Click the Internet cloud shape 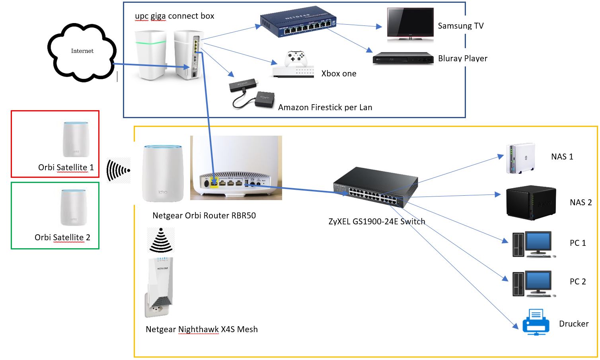(x=82, y=52)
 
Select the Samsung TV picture (x=410, y=24)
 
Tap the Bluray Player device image (x=403, y=58)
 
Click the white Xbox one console (x=293, y=65)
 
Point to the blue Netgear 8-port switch (x=298, y=22)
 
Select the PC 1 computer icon (x=533, y=244)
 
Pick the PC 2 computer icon (x=533, y=283)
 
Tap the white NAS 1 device (x=520, y=158)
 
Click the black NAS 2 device (x=530, y=203)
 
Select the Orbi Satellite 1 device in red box (x=76, y=139)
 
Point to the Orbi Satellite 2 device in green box (x=73, y=207)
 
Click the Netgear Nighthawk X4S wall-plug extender (x=160, y=286)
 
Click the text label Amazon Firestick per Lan (x=325, y=107)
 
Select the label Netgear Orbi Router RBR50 (x=204, y=216)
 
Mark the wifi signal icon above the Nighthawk (x=161, y=240)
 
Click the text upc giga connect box (x=174, y=16)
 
